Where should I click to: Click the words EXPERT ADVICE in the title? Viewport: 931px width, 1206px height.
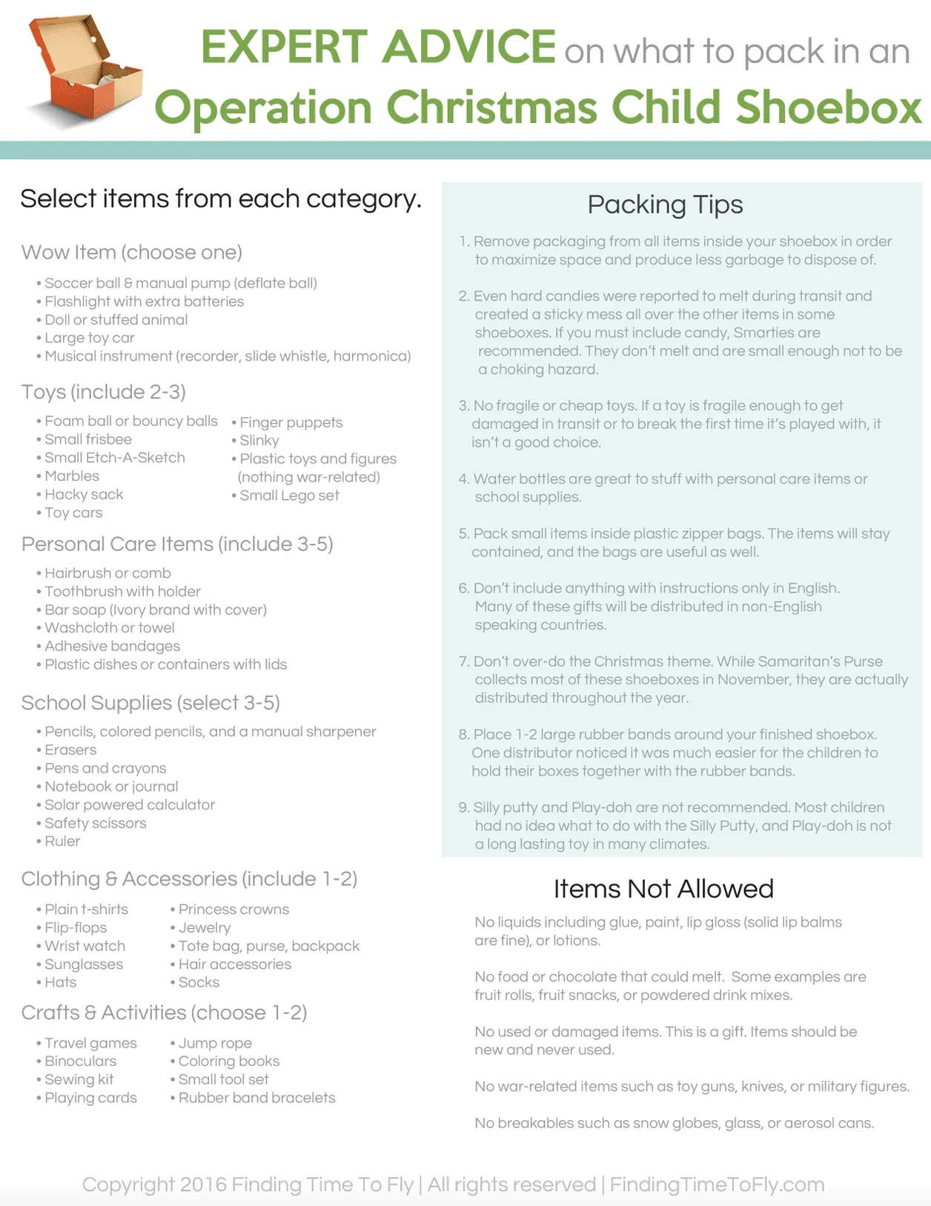click(378, 47)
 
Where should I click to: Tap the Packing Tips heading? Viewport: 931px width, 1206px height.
click(665, 204)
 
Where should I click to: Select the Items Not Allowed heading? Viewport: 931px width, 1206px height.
click(663, 888)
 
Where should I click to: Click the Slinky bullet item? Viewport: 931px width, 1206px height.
click(259, 440)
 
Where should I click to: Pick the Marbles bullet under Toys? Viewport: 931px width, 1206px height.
click(71, 476)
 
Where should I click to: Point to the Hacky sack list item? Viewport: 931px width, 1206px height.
click(84, 494)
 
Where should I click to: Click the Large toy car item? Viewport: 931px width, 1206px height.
click(89, 338)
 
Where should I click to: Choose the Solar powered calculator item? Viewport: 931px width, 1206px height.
click(130, 804)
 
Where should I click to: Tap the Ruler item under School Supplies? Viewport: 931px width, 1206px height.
click(62, 841)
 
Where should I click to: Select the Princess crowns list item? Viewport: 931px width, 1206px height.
click(233, 909)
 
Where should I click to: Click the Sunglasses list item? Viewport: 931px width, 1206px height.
click(84, 964)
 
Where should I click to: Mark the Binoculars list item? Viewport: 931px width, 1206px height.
click(80, 1061)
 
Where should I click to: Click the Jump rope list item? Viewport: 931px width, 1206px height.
click(215, 1043)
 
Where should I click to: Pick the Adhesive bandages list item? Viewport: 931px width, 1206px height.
click(112, 646)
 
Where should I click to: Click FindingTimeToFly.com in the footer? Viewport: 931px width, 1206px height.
click(717, 1185)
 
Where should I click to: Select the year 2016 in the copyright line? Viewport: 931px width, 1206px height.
click(203, 1185)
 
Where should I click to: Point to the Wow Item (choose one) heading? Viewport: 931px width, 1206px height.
click(132, 253)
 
